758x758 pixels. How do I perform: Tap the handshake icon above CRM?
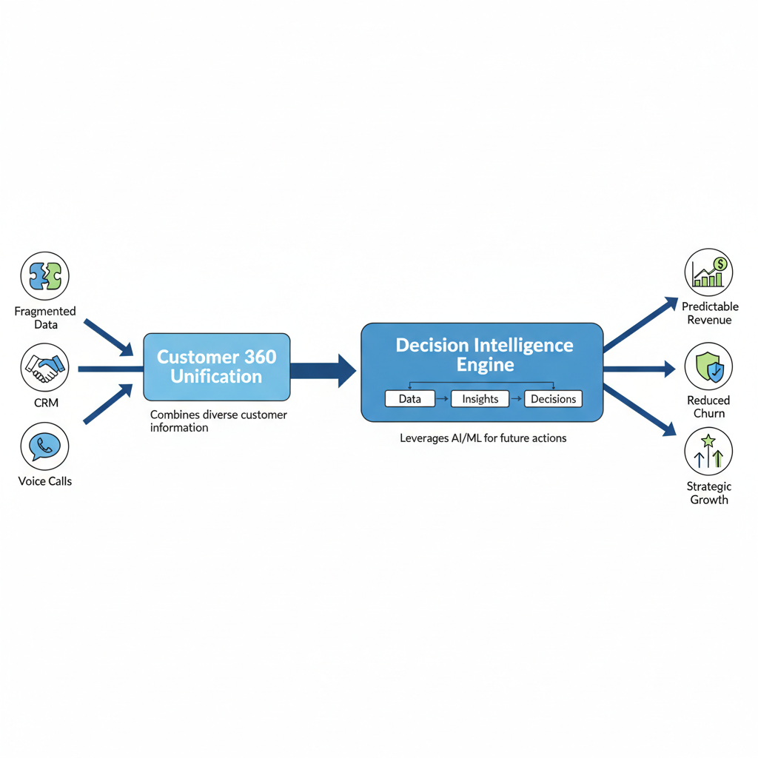tap(45, 368)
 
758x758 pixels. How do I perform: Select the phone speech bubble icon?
tap(45, 446)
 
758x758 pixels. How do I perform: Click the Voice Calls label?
tap(45, 481)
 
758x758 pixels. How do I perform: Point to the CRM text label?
tap(45, 403)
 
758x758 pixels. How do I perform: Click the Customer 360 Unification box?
tap(216, 366)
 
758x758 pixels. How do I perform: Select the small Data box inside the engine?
tap(410, 399)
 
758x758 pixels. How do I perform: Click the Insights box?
tap(480, 399)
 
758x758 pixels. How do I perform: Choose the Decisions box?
tap(553, 399)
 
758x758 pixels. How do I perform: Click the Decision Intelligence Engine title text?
tap(484, 355)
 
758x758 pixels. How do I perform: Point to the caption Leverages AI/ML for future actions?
tap(483, 438)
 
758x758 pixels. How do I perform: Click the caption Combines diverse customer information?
tap(218, 421)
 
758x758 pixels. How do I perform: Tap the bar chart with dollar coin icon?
tap(708, 272)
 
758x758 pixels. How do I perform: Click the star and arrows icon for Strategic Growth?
tap(708, 452)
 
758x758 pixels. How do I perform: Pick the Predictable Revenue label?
tap(709, 313)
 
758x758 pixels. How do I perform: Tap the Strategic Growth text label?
tap(709, 493)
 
